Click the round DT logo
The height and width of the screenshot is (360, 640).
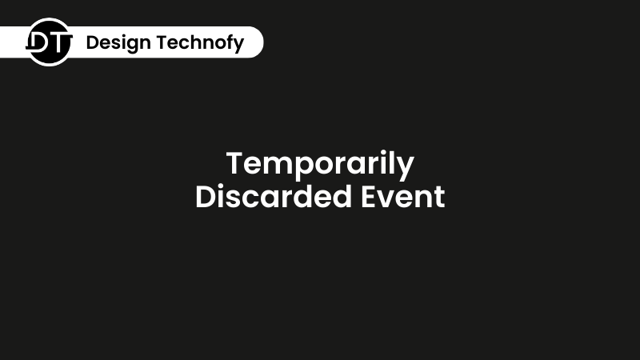[50, 42]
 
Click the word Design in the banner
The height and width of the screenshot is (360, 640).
[118, 43]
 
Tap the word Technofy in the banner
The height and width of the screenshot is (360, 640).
[200, 43]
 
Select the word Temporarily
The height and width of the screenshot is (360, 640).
[321, 165]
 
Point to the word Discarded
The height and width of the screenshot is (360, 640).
[274, 197]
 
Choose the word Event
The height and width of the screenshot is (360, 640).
[403, 197]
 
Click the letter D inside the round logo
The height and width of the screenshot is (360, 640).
[39, 42]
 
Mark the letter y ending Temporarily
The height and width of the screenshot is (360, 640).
[405, 168]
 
